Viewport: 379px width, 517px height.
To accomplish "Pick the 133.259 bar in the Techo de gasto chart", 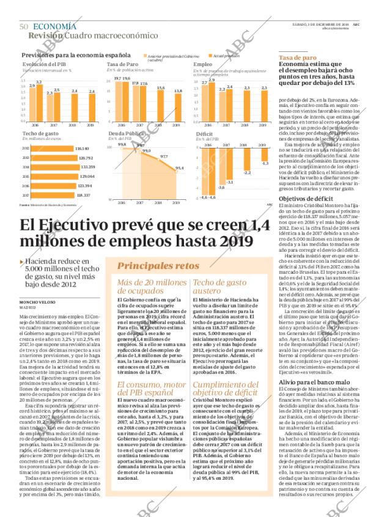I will [50, 166].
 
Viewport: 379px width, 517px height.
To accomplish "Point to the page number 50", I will [24, 26].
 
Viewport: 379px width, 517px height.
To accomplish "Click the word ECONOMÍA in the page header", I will [54, 26].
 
